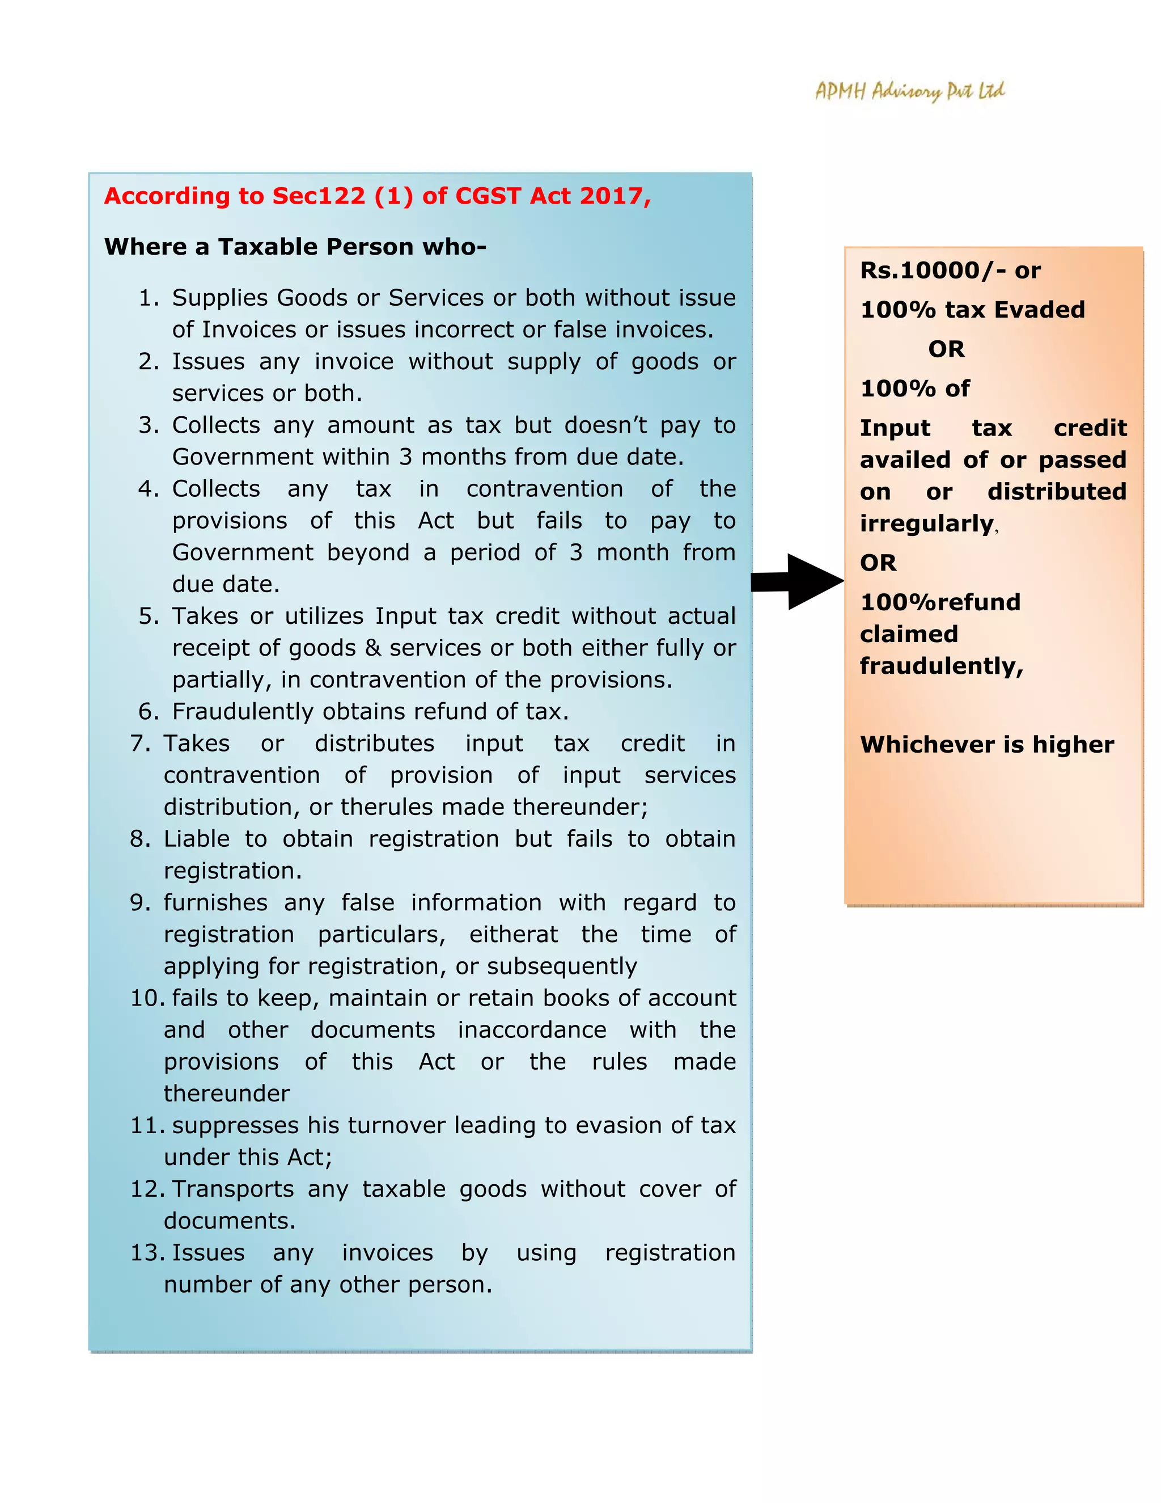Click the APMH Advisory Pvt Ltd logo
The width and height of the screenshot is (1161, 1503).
pos(909,91)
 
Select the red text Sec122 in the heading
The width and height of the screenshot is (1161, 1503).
pos(319,196)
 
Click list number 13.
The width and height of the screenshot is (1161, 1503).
pos(146,1252)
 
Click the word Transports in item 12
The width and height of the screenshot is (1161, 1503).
pos(232,1189)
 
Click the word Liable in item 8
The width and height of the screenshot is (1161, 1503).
pos(196,839)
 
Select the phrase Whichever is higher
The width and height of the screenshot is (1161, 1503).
pos(986,745)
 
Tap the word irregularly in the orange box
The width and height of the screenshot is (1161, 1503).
pos(926,523)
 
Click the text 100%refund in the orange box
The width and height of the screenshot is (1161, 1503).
pos(939,602)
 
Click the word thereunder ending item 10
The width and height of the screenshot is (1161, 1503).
pos(226,1094)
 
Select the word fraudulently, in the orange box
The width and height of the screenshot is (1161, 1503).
pos(941,666)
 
